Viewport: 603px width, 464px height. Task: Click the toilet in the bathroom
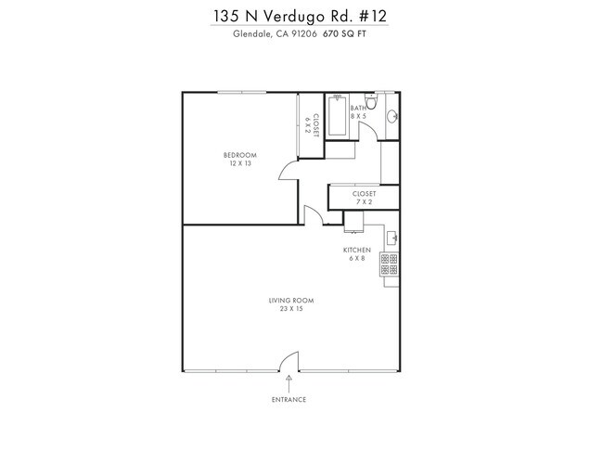[x=369, y=101]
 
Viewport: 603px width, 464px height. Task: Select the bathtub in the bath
[x=337, y=116]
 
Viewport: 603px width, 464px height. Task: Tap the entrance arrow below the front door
[x=289, y=380]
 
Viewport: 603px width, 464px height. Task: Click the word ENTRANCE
[x=289, y=400]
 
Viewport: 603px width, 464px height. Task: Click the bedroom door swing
[x=289, y=168]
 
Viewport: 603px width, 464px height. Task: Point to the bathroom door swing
[x=368, y=130]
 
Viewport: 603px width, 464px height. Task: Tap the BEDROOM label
[x=240, y=154]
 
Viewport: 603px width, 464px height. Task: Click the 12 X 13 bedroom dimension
[x=240, y=163]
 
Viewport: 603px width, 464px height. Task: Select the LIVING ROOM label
[x=286, y=300]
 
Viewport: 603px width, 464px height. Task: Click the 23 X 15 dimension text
[x=286, y=309]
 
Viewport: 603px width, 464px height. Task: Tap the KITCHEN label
[x=357, y=250]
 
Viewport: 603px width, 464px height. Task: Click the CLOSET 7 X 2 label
[x=364, y=198]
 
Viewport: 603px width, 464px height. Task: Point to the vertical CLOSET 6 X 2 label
[x=314, y=124]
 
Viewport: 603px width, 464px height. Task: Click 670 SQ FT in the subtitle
[x=344, y=35]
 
